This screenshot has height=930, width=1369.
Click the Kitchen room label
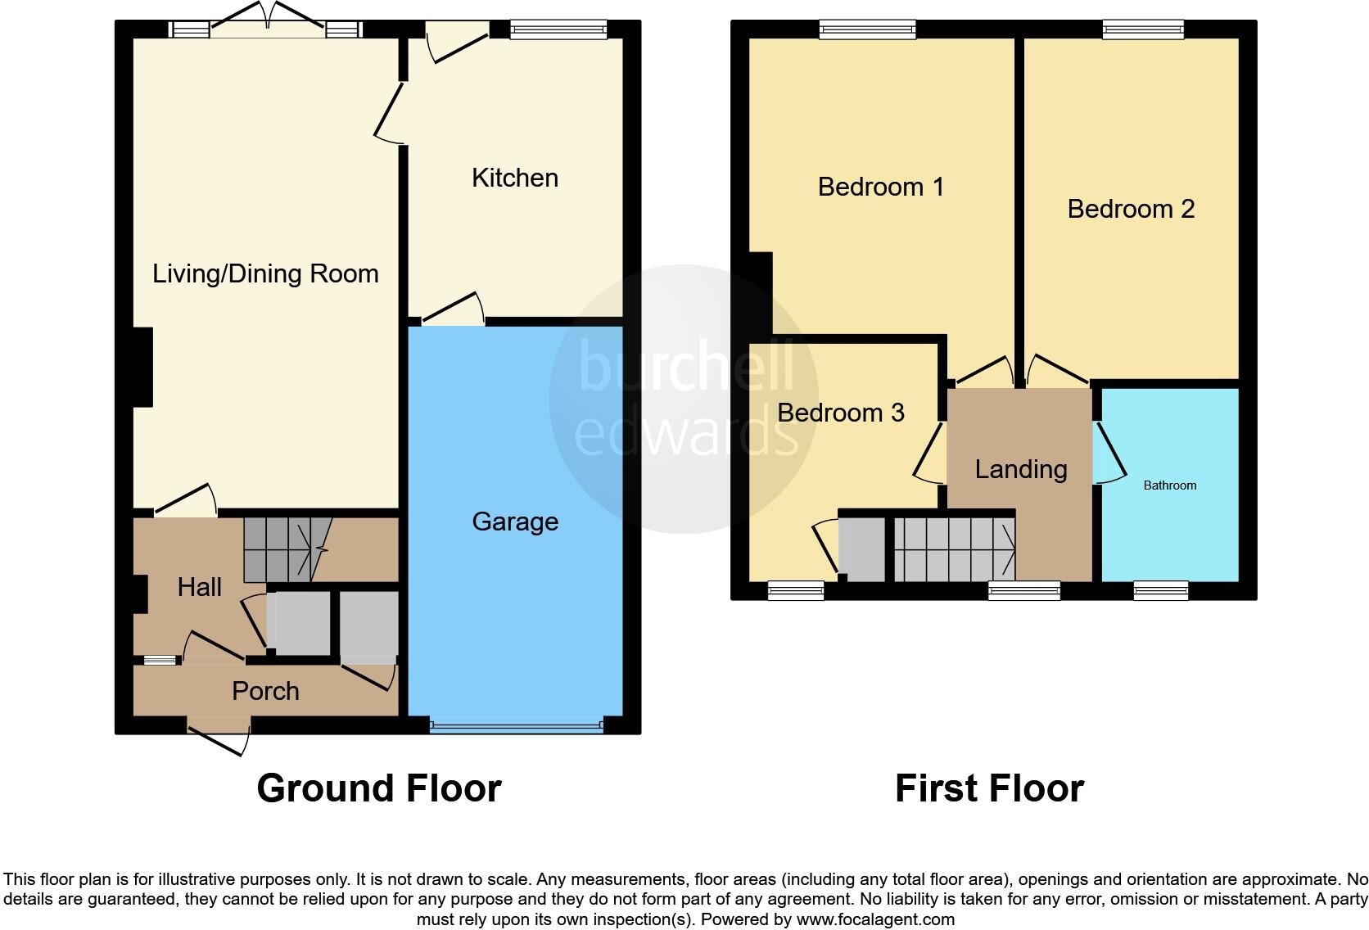[x=514, y=178]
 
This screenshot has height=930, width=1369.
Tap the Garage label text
[x=515, y=521]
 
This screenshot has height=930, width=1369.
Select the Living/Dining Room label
[x=265, y=273]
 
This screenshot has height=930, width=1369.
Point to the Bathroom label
[x=1169, y=485]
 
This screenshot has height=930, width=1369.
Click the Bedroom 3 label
[x=840, y=413]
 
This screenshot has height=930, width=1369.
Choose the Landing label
[x=1021, y=469]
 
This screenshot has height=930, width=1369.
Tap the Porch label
[x=265, y=691]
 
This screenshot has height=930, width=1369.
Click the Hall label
[x=199, y=587]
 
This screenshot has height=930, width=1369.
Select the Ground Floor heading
[x=378, y=788]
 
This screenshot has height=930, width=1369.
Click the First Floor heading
[x=989, y=788]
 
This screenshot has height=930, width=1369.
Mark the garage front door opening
[x=516, y=725]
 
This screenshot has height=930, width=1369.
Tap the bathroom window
[x=1160, y=590]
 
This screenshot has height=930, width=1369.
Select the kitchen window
[x=558, y=29]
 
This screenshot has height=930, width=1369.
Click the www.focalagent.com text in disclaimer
[x=875, y=919]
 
